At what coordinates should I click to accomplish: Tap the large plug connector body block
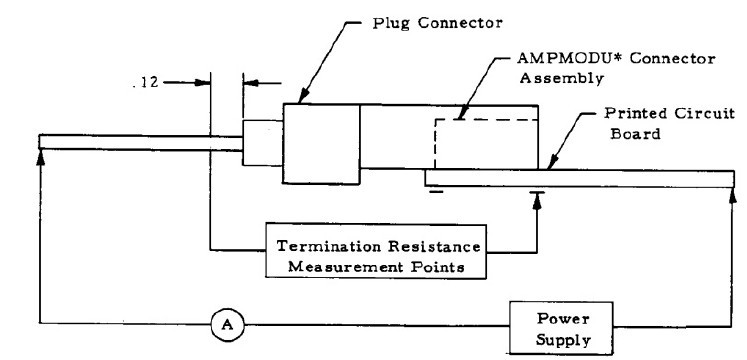321,144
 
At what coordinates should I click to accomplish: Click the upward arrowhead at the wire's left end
41,159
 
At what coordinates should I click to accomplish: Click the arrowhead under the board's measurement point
537,204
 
